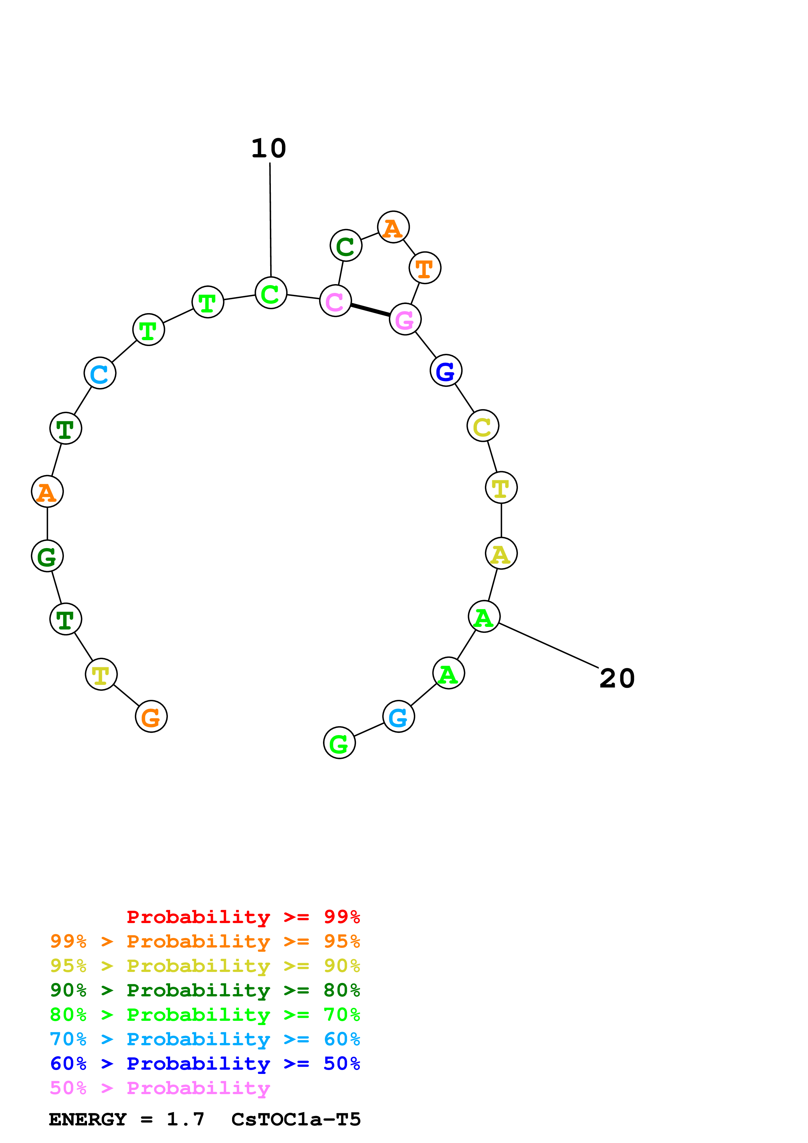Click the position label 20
point(617,678)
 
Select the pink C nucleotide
point(335,301)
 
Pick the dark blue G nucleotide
point(446,370)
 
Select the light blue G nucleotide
point(398,716)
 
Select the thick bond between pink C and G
point(370,310)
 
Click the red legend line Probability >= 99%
point(243,917)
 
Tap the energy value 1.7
point(185,1119)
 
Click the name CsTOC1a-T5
point(296,1119)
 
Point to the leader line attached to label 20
point(548,645)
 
